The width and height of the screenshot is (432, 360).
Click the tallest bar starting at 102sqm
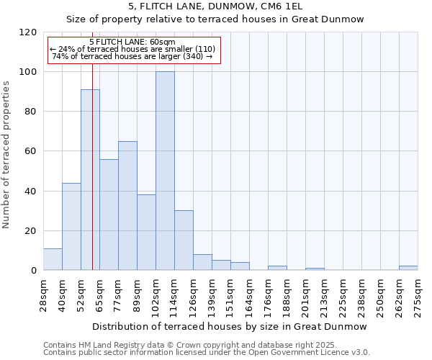pyautogui.click(x=165, y=171)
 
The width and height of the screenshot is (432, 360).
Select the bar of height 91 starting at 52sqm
pyautogui.click(x=90, y=180)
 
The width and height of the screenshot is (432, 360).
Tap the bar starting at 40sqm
pyautogui.click(x=71, y=226)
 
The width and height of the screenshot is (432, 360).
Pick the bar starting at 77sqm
pyautogui.click(x=127, y=205)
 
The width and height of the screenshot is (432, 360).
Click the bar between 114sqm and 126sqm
pyautogui.click(x=184, y=240)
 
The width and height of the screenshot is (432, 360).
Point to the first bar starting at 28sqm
pyautogui.click(x=53, y=259)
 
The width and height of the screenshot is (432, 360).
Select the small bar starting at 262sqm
pyautogui.click(x=408, y=268)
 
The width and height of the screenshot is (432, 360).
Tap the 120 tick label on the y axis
pyautogui.click(x=28, y=32)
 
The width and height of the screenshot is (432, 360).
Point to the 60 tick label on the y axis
pyautogui.click(x=31, y=151)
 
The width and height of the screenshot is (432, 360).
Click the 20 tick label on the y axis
pyautogui.click(x=31, y=231)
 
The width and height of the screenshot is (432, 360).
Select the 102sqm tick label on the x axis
pyautogui.click(x=156, y=294)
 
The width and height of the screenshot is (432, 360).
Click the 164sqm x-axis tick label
pyautogui.click(x=249, y=294)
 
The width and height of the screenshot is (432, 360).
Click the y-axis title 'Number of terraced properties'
pyautogui.click(x=6, y=155)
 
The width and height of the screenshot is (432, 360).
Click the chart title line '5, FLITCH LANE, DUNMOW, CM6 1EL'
pyautogui.click(x=215, y=6)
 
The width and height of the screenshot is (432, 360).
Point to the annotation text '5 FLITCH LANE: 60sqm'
pyautogui.click(x=133, y=41)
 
